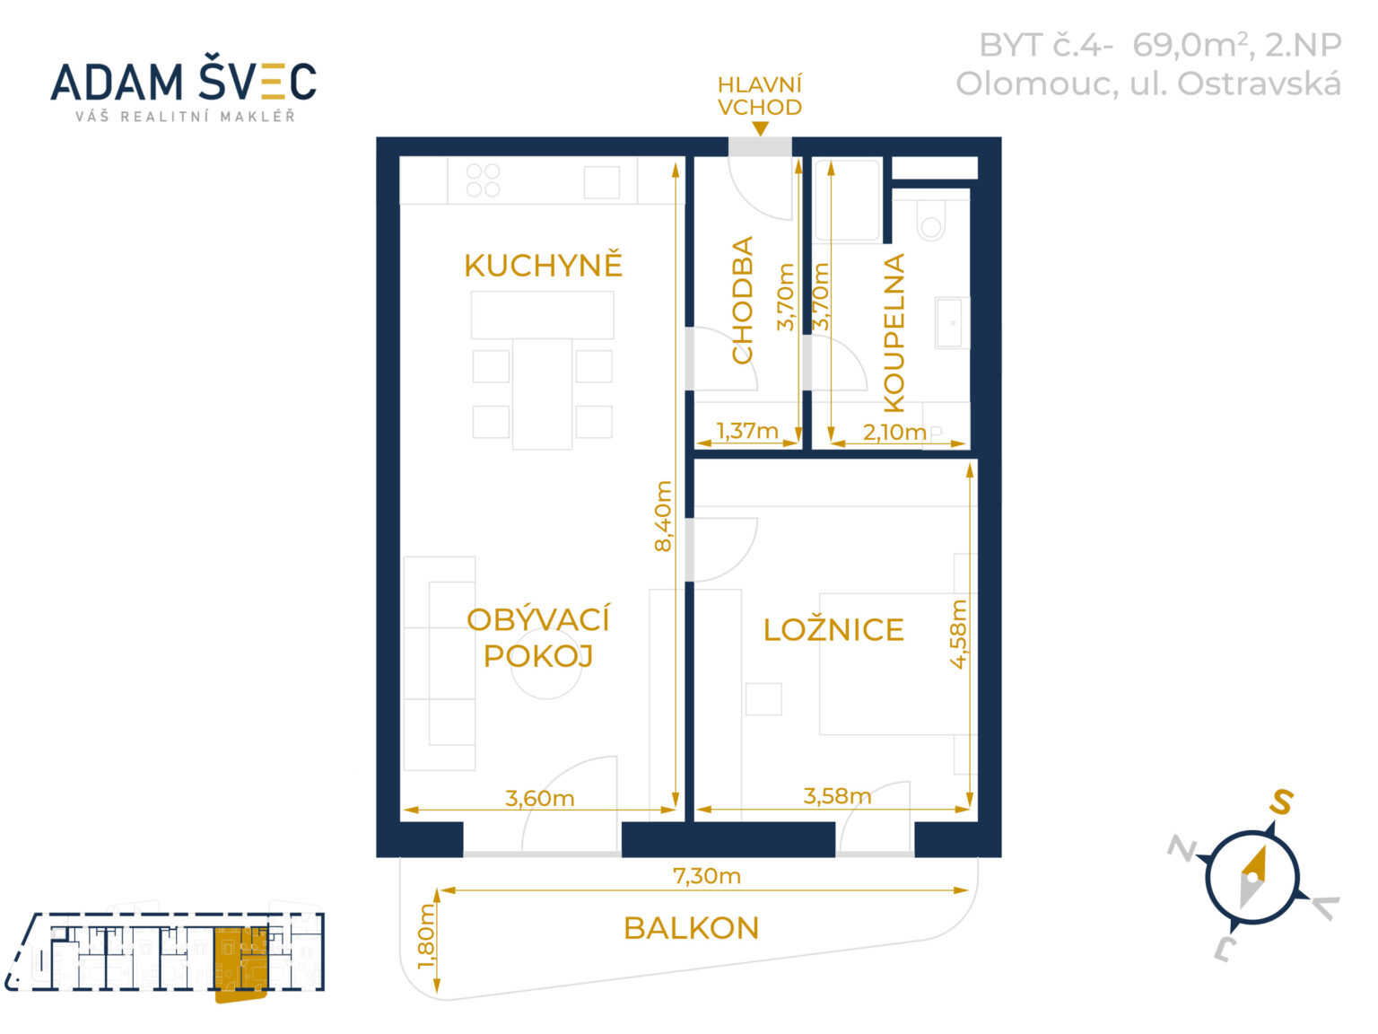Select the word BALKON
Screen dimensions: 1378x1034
point(691,928)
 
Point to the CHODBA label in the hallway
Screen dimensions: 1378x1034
point(742,300)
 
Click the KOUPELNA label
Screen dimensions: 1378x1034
point(894,333)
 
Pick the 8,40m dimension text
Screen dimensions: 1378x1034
point(663,516)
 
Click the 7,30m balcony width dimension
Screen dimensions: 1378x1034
point(707,876)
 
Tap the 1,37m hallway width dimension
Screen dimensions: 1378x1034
point(747,431)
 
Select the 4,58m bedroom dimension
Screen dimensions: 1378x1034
point(959,634)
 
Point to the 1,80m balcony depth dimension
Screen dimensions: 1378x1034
point(426,936)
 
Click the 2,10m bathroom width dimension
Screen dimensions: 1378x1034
point(894,432)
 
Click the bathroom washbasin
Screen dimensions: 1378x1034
point(953,323)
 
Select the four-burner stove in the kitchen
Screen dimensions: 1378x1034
point(483,180)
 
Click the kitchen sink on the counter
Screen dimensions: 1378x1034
point(601,182)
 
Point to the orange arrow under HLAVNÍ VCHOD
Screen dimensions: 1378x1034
point(760,128)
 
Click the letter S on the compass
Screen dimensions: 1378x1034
point(1281,802)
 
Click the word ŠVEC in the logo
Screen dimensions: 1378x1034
point(257,81)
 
